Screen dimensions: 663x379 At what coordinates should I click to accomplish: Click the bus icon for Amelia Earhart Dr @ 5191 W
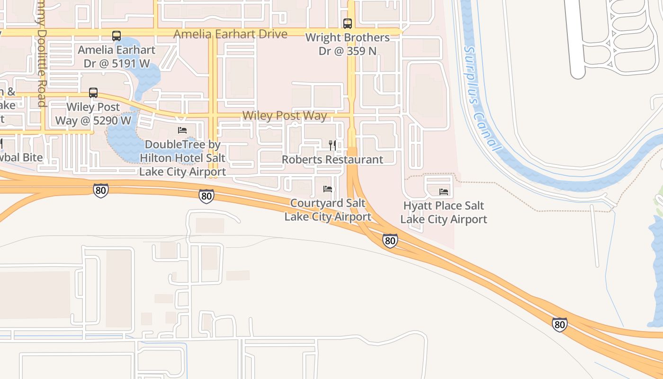[116, 36]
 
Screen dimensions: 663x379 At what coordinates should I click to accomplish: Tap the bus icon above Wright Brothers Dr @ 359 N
[348, 23]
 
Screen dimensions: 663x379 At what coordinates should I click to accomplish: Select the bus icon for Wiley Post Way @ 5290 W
[93, 93]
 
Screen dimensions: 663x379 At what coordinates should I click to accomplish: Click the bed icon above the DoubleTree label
[182, 130]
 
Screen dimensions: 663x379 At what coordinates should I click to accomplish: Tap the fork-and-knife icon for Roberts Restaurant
[332, 145]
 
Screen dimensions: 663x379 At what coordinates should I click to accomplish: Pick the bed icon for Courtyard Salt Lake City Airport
[327, 189]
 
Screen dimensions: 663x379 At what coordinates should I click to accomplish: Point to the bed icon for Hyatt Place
[444, 192]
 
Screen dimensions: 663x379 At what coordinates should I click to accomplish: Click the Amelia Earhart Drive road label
[230, 34]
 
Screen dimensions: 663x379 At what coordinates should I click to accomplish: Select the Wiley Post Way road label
[285, 116]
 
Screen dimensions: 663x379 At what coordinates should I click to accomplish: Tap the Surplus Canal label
[482, 99]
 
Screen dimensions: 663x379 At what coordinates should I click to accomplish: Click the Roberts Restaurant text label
[332, 160]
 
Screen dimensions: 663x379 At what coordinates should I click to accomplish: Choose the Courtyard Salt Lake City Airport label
[328, 210]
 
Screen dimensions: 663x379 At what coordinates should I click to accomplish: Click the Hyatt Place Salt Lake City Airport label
[444, 212]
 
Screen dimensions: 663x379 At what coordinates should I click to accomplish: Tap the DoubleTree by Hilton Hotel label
[182, 158]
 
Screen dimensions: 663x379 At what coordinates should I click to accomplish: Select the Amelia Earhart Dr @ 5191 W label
[116, 56]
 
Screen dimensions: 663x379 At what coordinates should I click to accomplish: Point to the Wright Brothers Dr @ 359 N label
[348, 44]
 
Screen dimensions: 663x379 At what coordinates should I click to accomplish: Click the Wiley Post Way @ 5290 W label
[93, 114]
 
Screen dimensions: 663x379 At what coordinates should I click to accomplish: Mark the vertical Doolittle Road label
[42, 52]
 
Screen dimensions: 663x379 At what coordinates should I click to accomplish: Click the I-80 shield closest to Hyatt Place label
[390, 241]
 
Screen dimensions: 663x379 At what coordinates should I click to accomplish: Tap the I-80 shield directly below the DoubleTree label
[206, 196]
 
